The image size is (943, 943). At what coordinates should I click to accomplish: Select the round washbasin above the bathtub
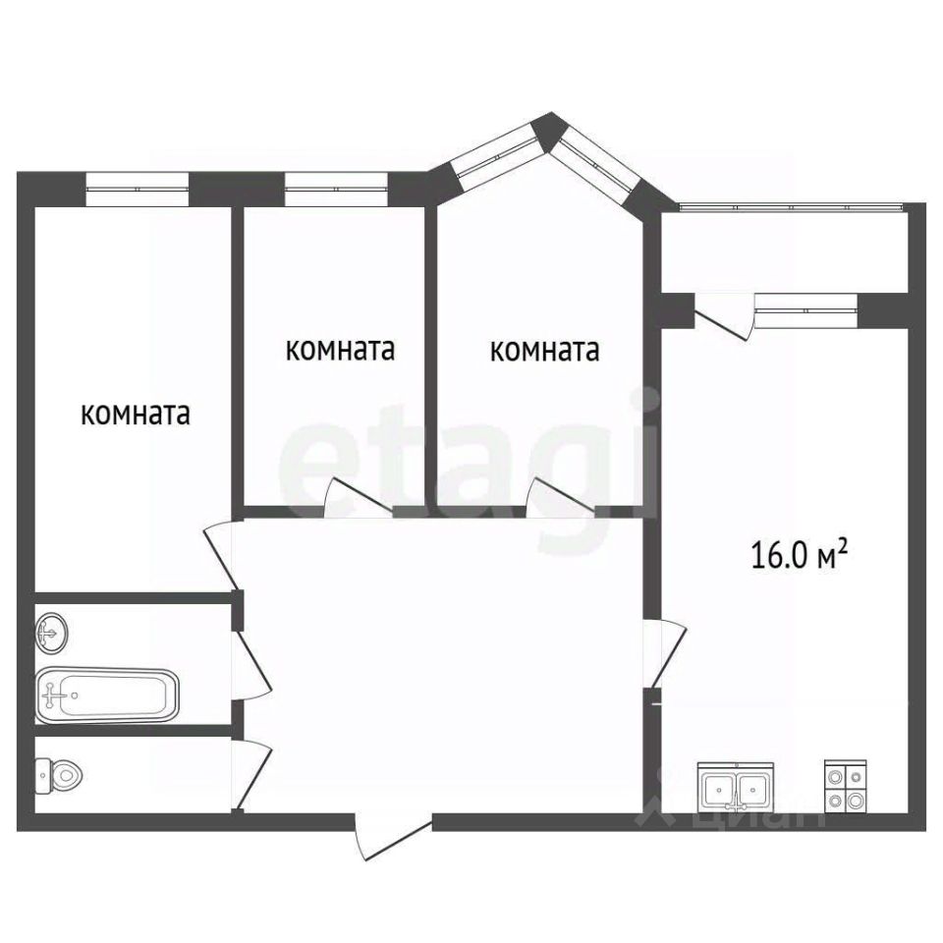click(53, 632)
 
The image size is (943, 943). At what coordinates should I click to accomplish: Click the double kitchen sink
click(735, 787)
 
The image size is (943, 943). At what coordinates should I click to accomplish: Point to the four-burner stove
click(846, 786)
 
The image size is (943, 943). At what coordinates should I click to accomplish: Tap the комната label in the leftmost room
click(136, 414)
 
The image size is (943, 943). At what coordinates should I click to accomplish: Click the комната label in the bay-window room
click(545, 350)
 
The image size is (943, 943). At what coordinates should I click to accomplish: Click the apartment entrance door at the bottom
click(394, 837)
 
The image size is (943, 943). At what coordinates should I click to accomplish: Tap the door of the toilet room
click(252, 776)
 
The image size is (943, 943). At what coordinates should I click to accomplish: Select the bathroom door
click(251, 665)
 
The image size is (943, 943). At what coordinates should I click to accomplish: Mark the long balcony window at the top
click(792, 207)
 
